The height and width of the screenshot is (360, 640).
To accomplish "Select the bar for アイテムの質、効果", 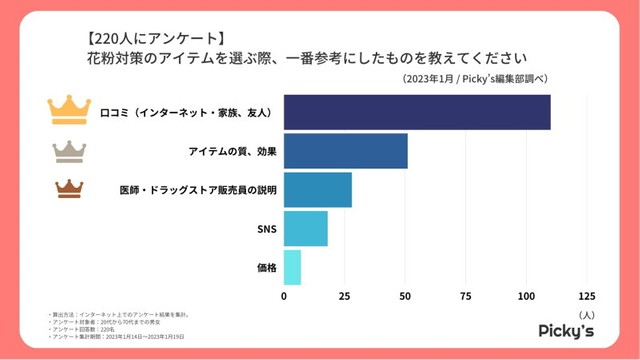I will point(346,150).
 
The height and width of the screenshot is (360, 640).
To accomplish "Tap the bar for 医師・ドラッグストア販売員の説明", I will point(318,189).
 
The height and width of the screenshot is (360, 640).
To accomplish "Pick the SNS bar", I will point(306,228).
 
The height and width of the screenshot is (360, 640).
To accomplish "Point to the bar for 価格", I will point(292,267).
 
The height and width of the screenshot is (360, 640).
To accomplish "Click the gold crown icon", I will point(69,108).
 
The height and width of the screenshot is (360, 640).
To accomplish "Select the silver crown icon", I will point(69,149).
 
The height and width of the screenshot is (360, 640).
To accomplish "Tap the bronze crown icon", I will point(69,188).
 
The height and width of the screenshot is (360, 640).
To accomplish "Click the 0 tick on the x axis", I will point(284,297).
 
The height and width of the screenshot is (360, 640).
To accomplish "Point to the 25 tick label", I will point(345,297).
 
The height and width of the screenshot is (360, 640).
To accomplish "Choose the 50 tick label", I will point(405,297).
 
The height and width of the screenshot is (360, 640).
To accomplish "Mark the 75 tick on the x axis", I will point(466,297).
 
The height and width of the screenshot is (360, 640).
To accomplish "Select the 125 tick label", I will point(587,297).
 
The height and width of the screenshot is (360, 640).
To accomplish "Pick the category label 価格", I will point(265,267).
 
